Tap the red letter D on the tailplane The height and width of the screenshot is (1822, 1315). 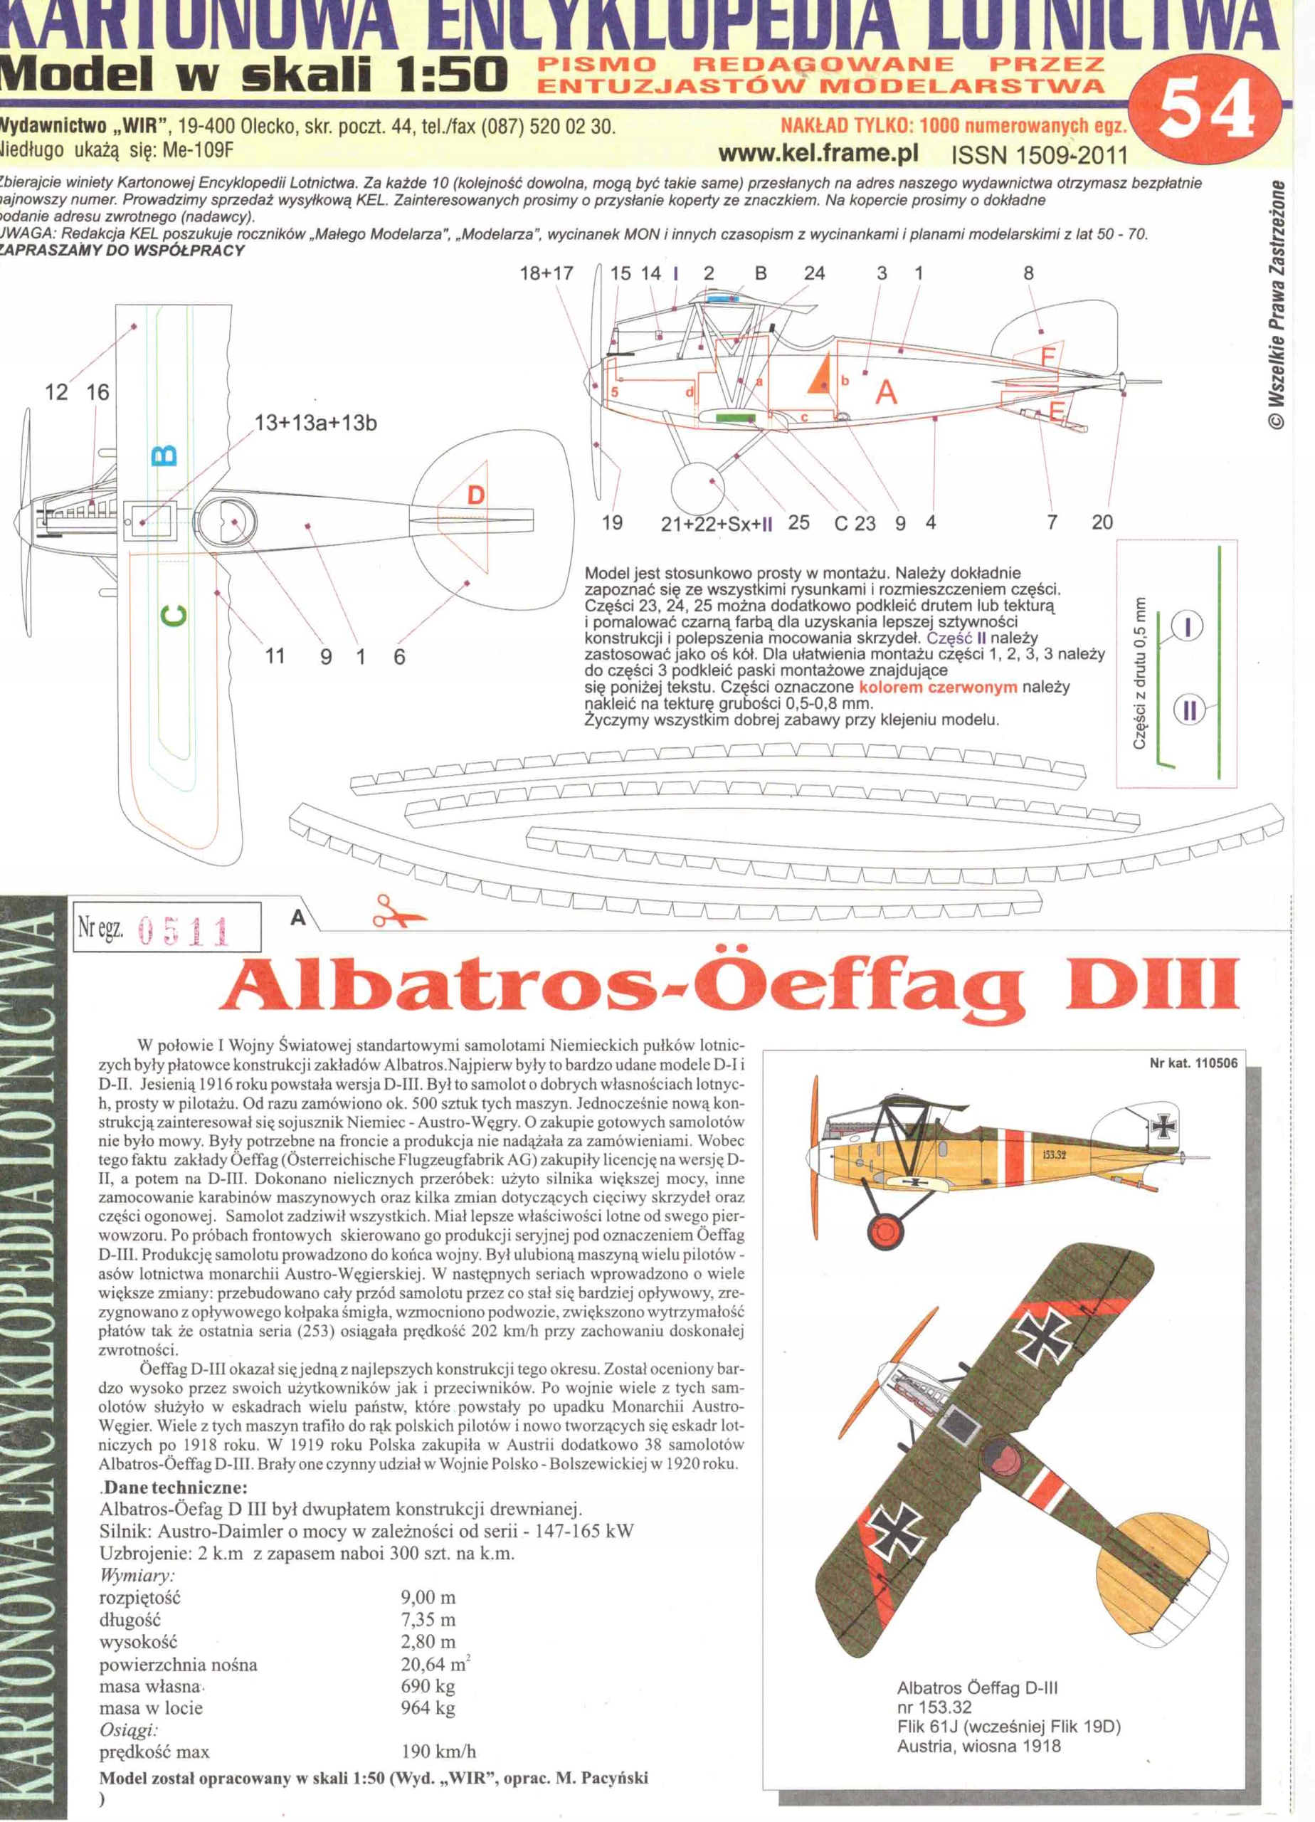[x=475, y=495]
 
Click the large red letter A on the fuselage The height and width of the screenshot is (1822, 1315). [x=886, y=393]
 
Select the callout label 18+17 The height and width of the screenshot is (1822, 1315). [x=546, y=273]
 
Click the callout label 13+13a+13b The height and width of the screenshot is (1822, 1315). [x=315, y=423]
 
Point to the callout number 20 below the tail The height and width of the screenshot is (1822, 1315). [x=1102, y=522]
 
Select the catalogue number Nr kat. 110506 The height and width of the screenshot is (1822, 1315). [x=1193, y=1063]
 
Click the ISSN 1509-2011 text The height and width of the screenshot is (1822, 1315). [x=1040, y=154]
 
